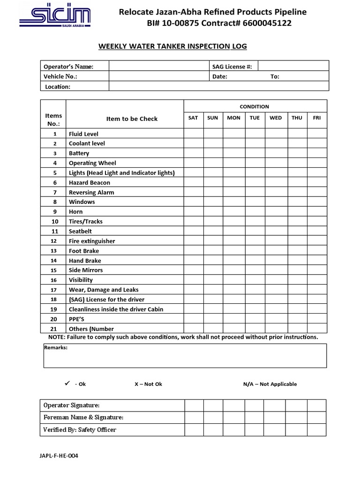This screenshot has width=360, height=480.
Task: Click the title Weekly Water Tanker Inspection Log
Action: click(172, 46)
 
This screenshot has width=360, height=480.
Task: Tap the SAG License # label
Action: click(232, 67)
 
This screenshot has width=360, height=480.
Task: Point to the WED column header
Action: click(276, 118)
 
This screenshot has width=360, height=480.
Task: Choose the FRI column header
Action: click(317, 118)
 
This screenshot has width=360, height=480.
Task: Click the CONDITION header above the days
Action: click(255, 106)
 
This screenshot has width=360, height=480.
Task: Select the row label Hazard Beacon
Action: click(90, 182)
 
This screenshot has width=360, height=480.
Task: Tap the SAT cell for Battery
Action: click(193, 153)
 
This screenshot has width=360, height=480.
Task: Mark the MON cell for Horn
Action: click(233, 211)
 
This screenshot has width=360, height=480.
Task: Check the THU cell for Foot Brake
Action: click(297, 251)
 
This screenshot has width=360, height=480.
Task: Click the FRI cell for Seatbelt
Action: click(317, 231)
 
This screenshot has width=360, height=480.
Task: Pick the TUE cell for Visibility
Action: click(255, 280)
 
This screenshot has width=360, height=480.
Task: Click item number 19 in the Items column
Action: click(54, 309)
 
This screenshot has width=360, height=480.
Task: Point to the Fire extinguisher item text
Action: click(92, 241)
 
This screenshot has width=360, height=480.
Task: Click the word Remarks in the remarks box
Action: click(55, 348)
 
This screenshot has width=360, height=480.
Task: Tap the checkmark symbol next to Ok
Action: click(67, 383)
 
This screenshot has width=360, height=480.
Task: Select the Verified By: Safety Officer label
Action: click(80, 429)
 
